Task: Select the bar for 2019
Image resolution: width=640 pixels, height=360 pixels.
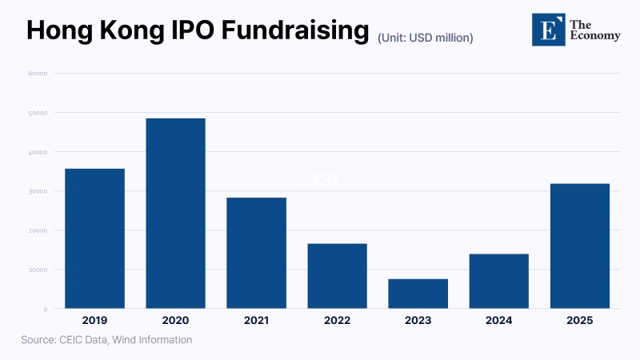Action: tap(94, 238)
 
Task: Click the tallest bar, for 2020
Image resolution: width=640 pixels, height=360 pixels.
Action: tap(175, 213)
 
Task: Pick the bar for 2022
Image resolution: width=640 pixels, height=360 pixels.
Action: tap(337, 276)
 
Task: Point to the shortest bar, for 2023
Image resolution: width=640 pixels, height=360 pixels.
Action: tap(418, 294)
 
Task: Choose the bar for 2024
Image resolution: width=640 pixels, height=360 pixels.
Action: tap(498, 281)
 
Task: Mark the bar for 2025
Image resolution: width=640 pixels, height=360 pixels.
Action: tap(579, 246)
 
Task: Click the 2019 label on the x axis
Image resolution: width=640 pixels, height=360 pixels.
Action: tap(94, 320)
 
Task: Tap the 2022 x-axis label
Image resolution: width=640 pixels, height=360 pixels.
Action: tap(337, 320)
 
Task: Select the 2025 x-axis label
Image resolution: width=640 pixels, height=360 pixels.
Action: tap(579, 320)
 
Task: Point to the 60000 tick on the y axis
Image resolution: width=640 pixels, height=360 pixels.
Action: tap(38, 74)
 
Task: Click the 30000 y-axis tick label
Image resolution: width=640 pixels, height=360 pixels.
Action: tap(38, 191)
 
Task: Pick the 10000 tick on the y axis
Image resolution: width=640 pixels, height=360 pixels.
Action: tap(38, 270)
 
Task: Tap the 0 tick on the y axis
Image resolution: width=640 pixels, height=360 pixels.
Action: tap(46, 309)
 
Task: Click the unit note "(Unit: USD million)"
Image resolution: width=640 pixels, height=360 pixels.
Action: tap(426, 37)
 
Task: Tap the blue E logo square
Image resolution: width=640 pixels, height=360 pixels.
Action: tap(548, 29)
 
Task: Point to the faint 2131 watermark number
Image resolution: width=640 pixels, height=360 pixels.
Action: tap(319, 180)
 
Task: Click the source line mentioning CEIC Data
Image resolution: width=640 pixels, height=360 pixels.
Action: tap(106, 340)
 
